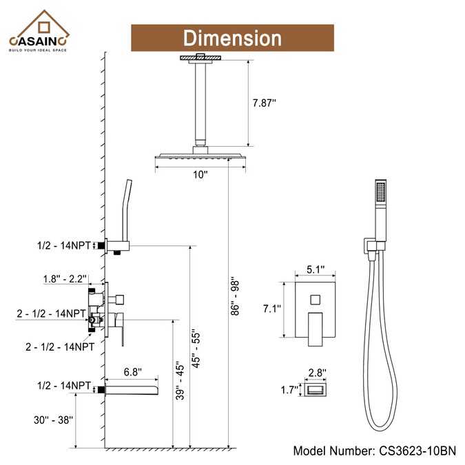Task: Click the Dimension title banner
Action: (232, 37)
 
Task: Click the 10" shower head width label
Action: (200, 174)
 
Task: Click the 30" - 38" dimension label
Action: (50, 417)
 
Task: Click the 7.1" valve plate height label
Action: (272, 309)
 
